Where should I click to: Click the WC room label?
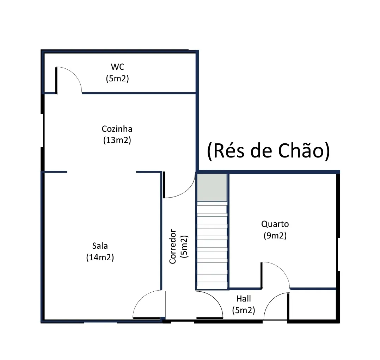click(x=117, y=67)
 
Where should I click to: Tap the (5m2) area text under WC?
click(x=117, y=79)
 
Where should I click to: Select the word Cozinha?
click(x=117, y=129)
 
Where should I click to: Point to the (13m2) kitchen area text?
click(x=117, y=140)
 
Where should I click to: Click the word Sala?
click(x=100, y=246)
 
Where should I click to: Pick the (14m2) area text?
click(x=100, y=257)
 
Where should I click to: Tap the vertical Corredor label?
click(x=173, y=247)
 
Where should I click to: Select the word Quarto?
click(x=275, y=224)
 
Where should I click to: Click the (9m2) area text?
click(x=275, y=236)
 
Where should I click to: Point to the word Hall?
click(x=244, y=298)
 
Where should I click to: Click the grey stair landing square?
click(x=212, y=187)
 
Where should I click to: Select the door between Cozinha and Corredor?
click(x=179, y=185)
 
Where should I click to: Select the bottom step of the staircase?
click(x=212, y=285)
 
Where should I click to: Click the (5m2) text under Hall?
click(x=244, y=310)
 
